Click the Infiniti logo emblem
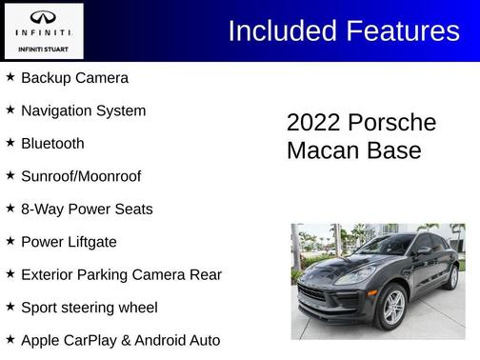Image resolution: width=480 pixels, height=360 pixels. pyautogui.click(x=43, y=17)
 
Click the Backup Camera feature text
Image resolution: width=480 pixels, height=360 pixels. pyautogui.click(x=74, y=78)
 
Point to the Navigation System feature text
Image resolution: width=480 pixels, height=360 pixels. pyautogui.click(x=83, y=110)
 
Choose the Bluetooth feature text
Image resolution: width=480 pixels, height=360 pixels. pyautogui.click(x=52, y=144)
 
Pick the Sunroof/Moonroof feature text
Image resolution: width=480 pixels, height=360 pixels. pyautogui.click(x=81, y=176)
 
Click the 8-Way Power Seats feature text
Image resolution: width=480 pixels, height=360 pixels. pyautogui.click(x=87, y=210)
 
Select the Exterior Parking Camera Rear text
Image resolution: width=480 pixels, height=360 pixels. pyautogui.click(x=121, y=275)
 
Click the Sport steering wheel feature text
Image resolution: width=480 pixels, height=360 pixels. pyautogui.click(x=89, y=308)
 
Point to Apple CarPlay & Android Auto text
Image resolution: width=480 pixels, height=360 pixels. pyautogui.click(x=120, y=340)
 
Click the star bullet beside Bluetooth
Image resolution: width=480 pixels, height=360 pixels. pyautogui.click(x=10, y=142)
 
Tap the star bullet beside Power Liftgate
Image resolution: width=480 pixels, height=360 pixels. pyautogui.click(x=10, y=241)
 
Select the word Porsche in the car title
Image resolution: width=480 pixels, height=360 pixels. pyautogui.click(x=391, y=124)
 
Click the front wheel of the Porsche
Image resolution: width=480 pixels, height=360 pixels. pyautogui.click(x=392, y=306)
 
